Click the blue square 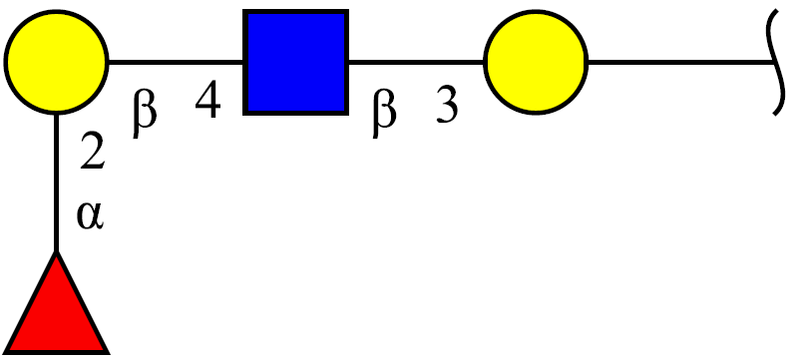click(296, 62)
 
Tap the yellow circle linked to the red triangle click(56, 61)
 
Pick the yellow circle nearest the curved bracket click(536, 61)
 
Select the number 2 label click(93, 153)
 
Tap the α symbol click(91, 215)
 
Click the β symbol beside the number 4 click(144, 114)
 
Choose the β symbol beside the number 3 click(384, 114)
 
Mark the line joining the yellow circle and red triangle click(56, 182)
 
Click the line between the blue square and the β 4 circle click(176, 62)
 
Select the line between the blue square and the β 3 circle click(416, 62)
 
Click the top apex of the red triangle click(56, 251)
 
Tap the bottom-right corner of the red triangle click(109, 353)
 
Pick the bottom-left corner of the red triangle click(4, 353)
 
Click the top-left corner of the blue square click(244, 11)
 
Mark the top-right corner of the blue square click(347, 11)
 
